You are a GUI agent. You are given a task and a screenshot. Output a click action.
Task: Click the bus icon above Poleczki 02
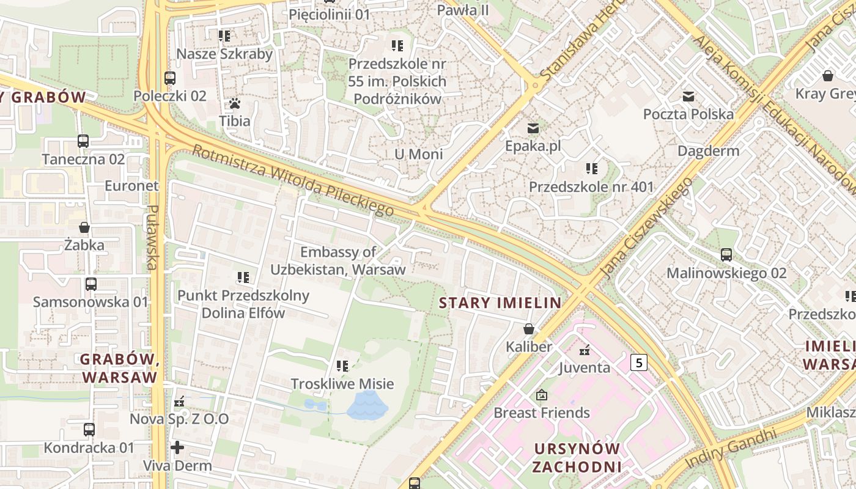170,78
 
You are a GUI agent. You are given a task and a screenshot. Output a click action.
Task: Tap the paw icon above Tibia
235,103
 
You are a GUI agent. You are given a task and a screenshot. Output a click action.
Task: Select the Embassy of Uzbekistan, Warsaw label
338,260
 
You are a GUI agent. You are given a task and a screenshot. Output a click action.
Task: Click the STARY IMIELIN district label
500,303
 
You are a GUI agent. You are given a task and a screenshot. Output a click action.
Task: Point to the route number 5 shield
639,363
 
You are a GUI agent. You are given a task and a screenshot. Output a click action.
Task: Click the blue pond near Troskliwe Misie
367,405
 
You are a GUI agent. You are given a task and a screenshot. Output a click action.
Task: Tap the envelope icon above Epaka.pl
533,128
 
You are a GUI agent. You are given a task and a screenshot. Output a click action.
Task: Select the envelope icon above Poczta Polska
688,96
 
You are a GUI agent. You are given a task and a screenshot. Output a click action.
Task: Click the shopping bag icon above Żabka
84,227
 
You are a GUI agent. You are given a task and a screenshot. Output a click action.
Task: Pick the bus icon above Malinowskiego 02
726,255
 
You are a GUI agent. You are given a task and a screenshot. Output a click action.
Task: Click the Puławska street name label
153,237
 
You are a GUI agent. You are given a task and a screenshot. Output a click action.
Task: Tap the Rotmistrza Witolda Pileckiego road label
293,181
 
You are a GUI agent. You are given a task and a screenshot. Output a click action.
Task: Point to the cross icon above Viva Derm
177,447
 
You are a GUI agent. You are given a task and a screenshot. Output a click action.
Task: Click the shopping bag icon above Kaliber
529,329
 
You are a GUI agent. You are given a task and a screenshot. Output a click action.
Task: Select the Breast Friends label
542,413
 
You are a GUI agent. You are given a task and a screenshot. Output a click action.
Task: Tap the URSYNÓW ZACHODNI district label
577,458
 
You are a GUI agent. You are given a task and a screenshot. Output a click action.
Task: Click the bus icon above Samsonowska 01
91,284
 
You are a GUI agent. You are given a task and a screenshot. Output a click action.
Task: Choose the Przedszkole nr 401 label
591,187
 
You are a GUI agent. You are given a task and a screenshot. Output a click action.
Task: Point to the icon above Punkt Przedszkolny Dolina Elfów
243,278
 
